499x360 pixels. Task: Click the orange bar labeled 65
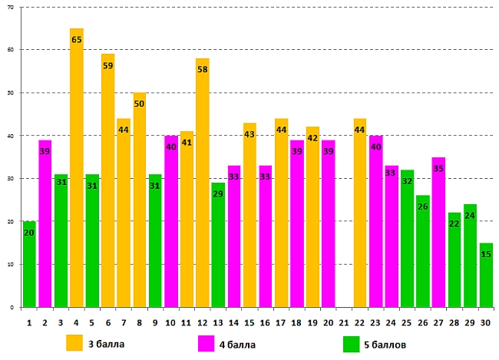click(76, 177)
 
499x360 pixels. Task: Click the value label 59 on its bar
click(108, 66)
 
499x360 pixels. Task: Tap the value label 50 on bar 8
click(140, 104)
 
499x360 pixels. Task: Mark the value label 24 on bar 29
click(470, 216)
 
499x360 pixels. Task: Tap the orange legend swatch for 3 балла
click(74, 342)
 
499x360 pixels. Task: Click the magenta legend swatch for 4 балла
click(207, 342)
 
